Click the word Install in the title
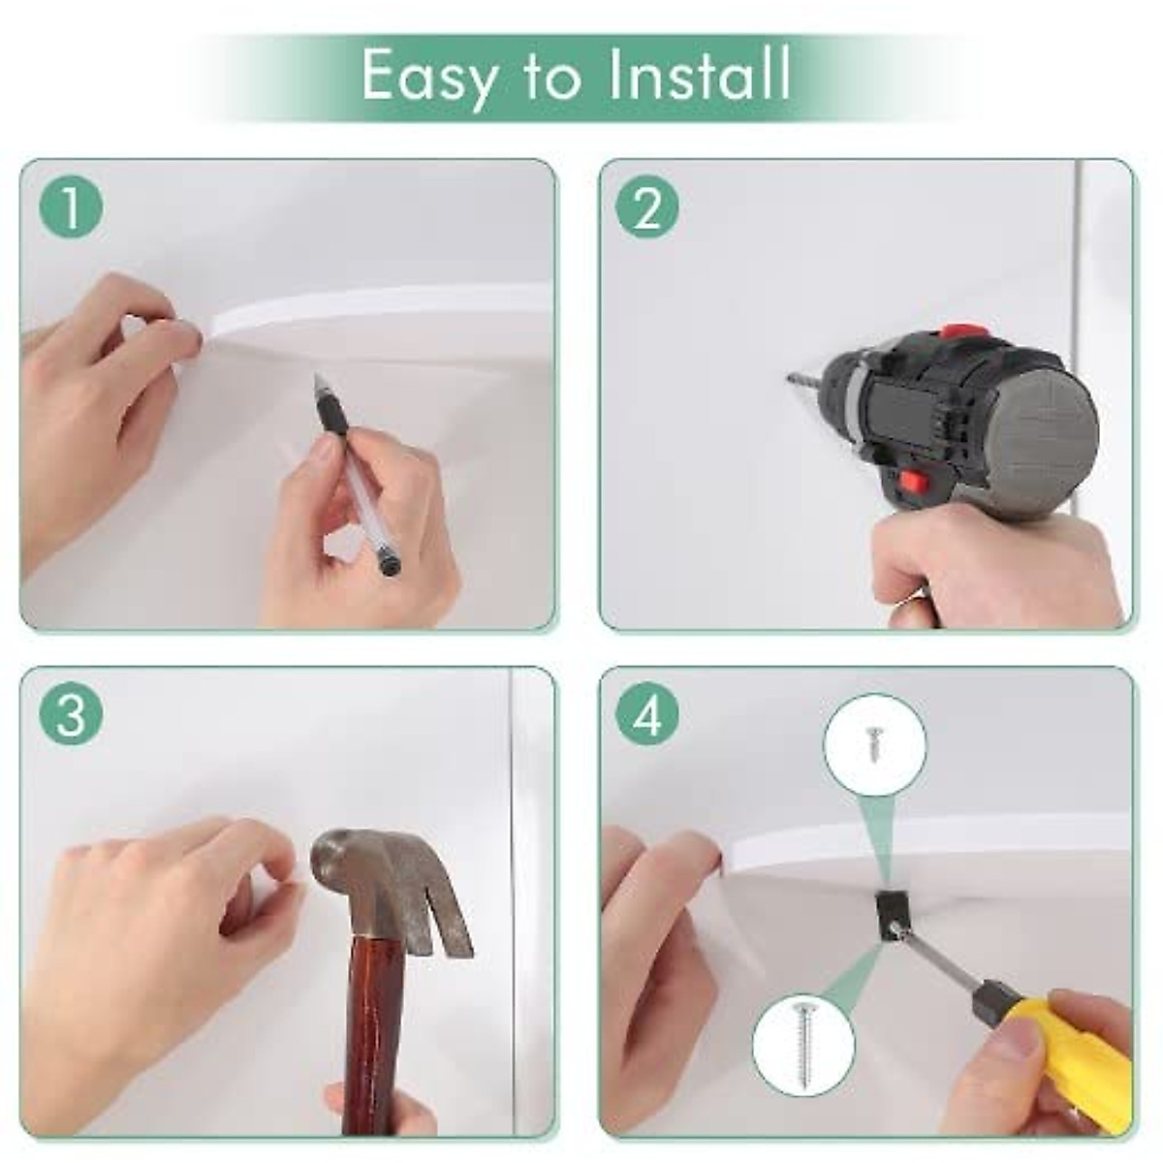tap(700, 75)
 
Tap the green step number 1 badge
tap(71, 207)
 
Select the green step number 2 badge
tap(647, 207)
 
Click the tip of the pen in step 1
tap(316, 376)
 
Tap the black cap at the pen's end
tap(389, 566)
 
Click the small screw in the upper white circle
tap(872, 741)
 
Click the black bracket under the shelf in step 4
tap(890, 921)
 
